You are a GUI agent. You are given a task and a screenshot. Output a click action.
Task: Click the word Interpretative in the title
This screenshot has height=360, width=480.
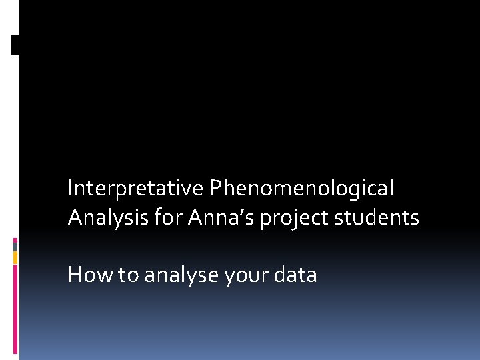pyautogui.click(x=135, y=189)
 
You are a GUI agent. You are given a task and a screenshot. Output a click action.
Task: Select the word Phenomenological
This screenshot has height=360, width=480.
pyautogui.click(x=301, y=189)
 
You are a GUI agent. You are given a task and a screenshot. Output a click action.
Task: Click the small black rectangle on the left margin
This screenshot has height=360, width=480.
pyautogui.click(x=15, y=45)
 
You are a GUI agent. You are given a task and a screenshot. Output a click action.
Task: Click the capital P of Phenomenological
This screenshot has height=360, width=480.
pyautogui.click(x=215, y=189)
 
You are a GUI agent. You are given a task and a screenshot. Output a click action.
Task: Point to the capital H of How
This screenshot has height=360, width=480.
pyautogui.click(x=75, y=275)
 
